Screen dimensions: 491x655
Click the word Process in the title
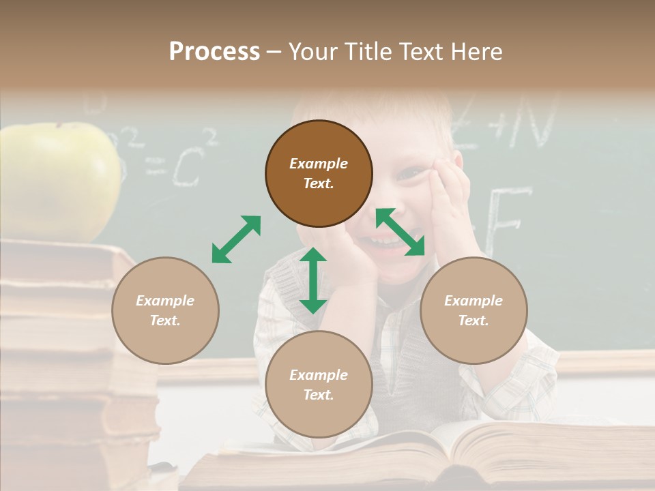click(214, 52)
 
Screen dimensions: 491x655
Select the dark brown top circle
click(319, 173)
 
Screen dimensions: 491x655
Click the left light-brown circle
click(165, 310)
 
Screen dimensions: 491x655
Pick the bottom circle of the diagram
click(319, 385)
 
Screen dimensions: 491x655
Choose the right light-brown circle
click(474, 310)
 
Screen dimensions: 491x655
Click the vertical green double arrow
click(313, 280)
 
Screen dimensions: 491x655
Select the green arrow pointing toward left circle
click(236, 239)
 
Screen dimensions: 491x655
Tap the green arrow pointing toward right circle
click(401, 232)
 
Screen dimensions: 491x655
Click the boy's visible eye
click(407, 175)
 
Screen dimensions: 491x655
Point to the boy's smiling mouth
click(385, 241)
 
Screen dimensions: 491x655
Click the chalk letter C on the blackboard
click(185, 168)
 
